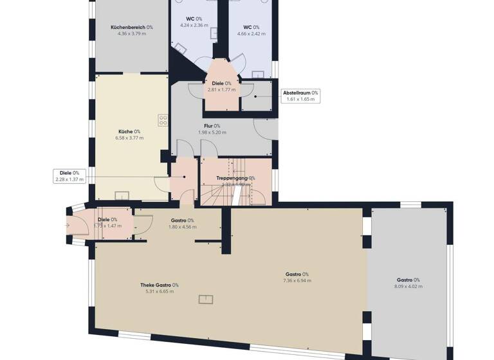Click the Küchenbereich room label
pos(131,27)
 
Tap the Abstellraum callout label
pos(300,93)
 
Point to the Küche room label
pos(129,131)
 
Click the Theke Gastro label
pos(160,285)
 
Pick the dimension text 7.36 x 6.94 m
pos(297,281)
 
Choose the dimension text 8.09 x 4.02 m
pos(408,287)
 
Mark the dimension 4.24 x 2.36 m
pos(189,26)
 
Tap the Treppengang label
pos(235,178)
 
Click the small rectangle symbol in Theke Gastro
pos(206,298)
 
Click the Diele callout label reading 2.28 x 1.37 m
pos(70,180)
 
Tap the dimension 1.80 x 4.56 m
pos(182,227)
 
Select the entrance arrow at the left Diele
pos(68,226)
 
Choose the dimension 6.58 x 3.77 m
pos(129,138)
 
